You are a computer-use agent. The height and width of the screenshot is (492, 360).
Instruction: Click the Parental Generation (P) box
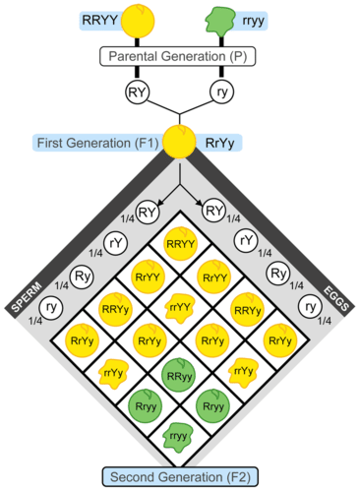[179, 56]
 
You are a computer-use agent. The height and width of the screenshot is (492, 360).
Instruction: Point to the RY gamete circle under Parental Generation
[139, 92]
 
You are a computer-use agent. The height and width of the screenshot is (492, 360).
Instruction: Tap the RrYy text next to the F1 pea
[218, 144]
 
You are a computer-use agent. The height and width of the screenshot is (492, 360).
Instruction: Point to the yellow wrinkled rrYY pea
[179, 308]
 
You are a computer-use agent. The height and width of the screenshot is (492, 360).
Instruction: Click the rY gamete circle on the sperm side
[116, 240]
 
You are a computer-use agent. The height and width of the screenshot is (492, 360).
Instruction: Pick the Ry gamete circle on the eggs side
[277, 272]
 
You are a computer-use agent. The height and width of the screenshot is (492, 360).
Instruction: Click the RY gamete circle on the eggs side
[212, 209]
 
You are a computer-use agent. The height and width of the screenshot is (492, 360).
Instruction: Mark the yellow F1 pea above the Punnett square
[179, 142]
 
